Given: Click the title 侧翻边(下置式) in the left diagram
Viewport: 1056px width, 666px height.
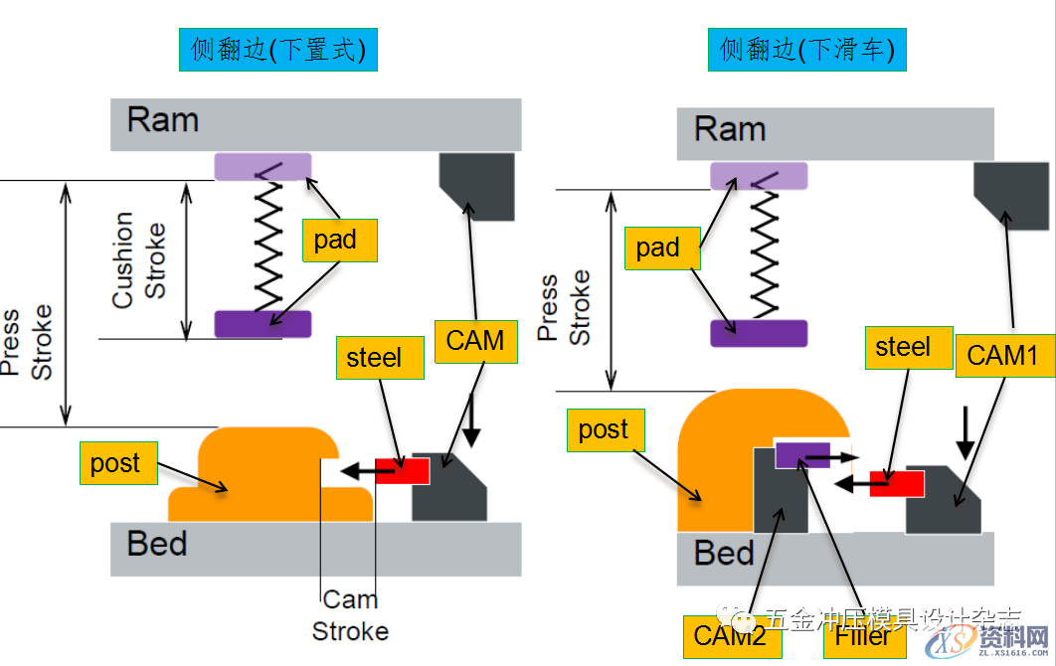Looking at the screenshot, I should (x=278, y=50).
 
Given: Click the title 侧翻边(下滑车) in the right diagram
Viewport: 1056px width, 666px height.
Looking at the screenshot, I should (x=807, y=50).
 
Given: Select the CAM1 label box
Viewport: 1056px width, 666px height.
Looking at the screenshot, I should (x=1004, y=355).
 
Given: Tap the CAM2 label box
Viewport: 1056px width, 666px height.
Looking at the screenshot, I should (x=733, y=636).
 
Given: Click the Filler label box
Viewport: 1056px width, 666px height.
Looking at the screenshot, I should (x=864, y=636).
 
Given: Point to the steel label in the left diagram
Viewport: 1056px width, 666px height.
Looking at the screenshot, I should (x=374, y=357).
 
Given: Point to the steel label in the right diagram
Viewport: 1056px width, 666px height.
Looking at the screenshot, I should (x=904, y=347).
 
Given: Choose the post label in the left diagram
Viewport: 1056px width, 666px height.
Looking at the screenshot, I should (x=116, y=463).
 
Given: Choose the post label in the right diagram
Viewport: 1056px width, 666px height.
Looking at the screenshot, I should (x=604, y=429).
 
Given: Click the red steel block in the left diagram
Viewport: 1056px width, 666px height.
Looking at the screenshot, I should (x=402, y=471).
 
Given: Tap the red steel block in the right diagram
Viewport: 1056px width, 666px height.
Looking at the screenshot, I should (x=896, y=484).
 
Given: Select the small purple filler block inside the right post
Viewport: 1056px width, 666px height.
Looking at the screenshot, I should (x=801, y=454).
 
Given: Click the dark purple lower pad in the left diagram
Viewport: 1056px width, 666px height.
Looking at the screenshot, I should (x=263, y=324).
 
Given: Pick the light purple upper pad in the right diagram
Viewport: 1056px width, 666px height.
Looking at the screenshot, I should (x=759, y=177).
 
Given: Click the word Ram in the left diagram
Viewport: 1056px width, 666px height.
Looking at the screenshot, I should (x=163, y=120).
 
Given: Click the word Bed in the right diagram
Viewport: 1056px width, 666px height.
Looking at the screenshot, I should (x=725, y=553).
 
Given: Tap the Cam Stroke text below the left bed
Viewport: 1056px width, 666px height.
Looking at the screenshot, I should (x=350, y=615).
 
